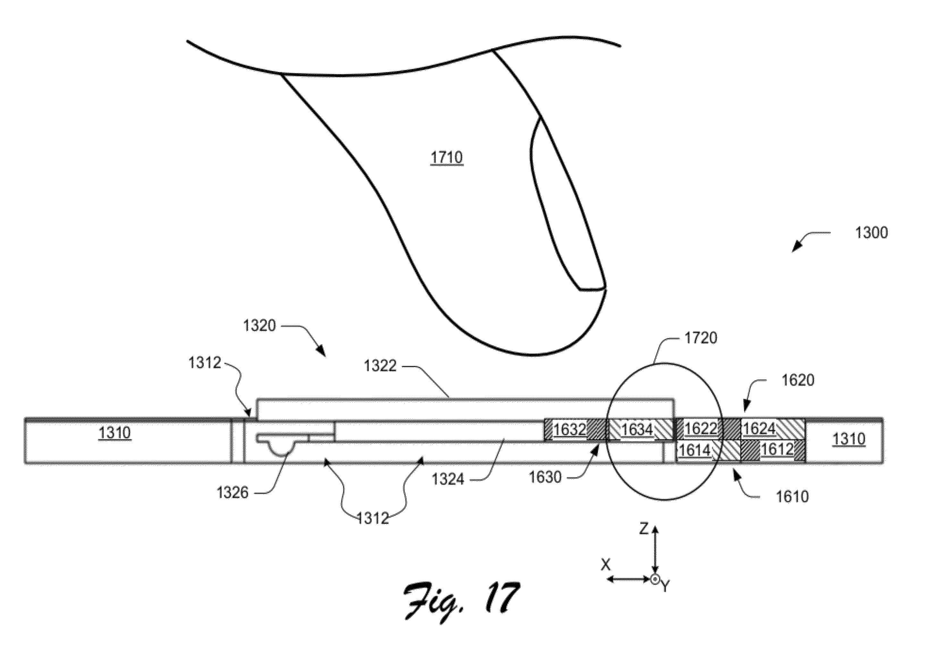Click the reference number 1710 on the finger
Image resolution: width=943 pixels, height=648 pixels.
pyautogui.click(x=447, y=157)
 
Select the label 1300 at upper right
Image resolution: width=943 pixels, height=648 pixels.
pyautogui.click(x=871, y=233)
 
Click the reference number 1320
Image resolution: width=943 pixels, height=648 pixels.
pyautogui.click(x=259, y=326)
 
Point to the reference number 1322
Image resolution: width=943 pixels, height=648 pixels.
pyautogui.click(x=380, y=366)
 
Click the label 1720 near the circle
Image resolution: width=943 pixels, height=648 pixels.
pyautogui.click(x=701, y=338)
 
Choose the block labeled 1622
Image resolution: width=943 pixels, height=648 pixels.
pyautogui.click(x=708, y=429)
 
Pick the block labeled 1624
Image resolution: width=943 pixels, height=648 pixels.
pyautogui.click(x=773, y=429)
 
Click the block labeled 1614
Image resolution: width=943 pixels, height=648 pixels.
pyautogui.click(x=708, y=450)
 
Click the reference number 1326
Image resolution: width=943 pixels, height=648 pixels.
pyautogui.click(x=232, y=493)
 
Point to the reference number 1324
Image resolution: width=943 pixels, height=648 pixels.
pyautogui.click(x=448, y=479)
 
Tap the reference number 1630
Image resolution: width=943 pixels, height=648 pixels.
pyautogui.click(x=545, y=477)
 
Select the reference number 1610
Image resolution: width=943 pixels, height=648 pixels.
pyautogui.click(x=792, y=497)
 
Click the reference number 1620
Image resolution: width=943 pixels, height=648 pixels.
pyautogui.click(x=798, y=381)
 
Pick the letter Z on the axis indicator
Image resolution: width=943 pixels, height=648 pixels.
pyautogui.click(x=644, y=529)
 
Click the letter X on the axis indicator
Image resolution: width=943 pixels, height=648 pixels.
pyautogui.click(x=606, y=565)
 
